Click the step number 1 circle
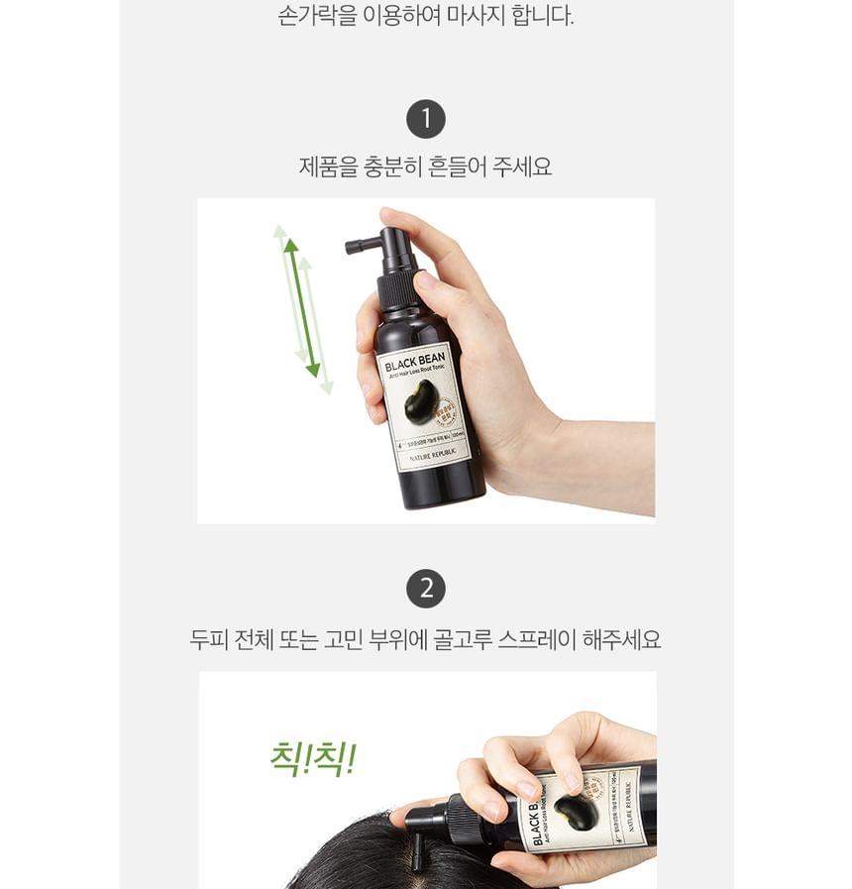tap(426, 120)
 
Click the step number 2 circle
tap(426, 589)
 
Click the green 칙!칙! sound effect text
tap(312, 759)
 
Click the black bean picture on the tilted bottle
tap(575, 812)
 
